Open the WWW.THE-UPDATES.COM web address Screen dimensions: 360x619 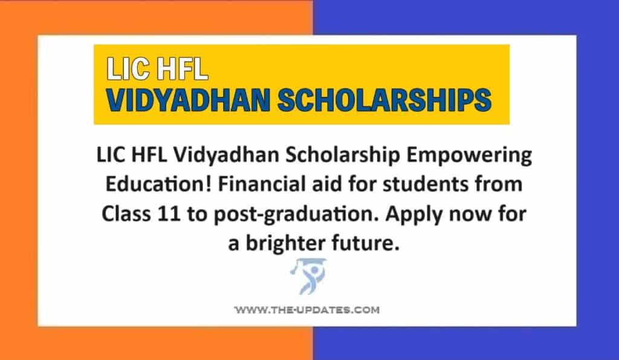(306, 310)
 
